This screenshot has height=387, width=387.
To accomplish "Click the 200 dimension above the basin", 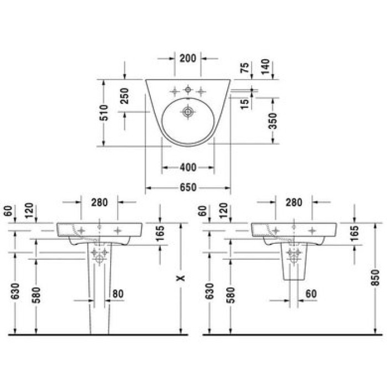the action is pyautogui.click(x=188, y=59).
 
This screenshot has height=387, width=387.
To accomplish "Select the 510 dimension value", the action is pyautogui.click(x=104, y=113).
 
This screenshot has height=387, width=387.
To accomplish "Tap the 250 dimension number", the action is pyautogui.click(x=124, y=96).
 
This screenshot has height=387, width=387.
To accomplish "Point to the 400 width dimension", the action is pyautogui.click(x=188, y=168).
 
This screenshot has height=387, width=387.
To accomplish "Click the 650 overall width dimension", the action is pyautogui.click(x=188, y=187).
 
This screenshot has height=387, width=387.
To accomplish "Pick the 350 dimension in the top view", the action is pyautogui.click(x=273, y=121).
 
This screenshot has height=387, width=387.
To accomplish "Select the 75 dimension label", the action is pyautogui.click(x=244, y=67).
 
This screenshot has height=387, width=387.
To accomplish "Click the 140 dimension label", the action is pyautogui.click(x=265, y=67).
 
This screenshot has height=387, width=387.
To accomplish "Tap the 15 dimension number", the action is pyautogui.click(x=244, y=104).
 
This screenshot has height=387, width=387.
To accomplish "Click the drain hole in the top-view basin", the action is pyautogui.click(x=188, y=112).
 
